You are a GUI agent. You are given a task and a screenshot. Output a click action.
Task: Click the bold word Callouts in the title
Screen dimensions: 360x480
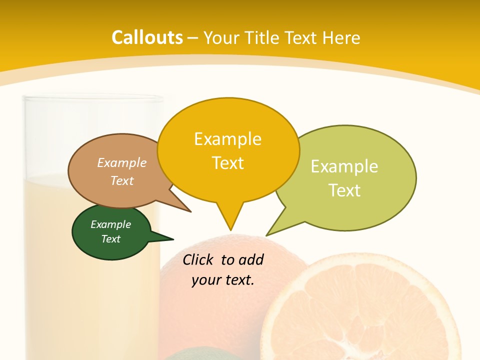pyautogui.click(x=147, y=37)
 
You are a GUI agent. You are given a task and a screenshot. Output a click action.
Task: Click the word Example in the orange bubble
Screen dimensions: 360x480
pyautogui.click(x=228, y=139)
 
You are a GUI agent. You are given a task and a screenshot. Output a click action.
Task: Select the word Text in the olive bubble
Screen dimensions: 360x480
pyautogui.click(x=344, y=190)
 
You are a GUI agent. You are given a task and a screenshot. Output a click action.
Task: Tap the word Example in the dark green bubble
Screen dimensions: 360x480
pyautogui.click(x=110, y=225)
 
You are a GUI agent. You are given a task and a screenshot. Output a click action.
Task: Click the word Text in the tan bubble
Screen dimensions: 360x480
pyautogui.click(x=122, y=180)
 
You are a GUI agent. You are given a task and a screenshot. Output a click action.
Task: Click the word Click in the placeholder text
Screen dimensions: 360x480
pyautogui.click(x=198, y=259)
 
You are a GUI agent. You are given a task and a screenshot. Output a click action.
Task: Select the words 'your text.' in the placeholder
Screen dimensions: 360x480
pyautogui.click(x=223, y=280)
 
